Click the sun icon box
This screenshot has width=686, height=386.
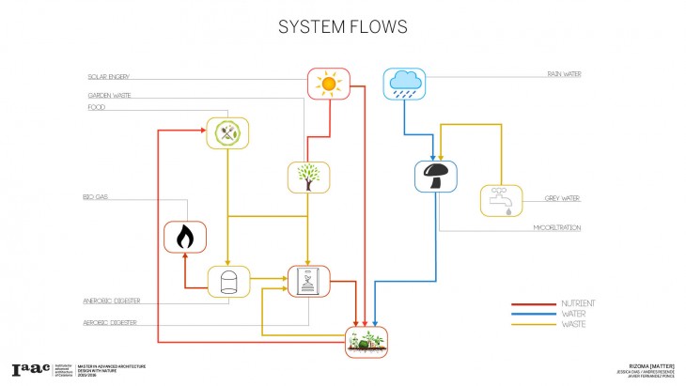328,84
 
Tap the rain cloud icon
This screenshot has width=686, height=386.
403,84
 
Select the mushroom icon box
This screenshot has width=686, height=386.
435,176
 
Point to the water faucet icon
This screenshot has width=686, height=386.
501,200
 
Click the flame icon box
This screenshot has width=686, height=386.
185,237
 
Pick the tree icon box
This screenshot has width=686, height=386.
307,177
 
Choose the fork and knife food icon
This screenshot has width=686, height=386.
226,133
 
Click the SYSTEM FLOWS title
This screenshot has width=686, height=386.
342,26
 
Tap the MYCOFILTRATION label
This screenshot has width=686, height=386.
557,228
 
